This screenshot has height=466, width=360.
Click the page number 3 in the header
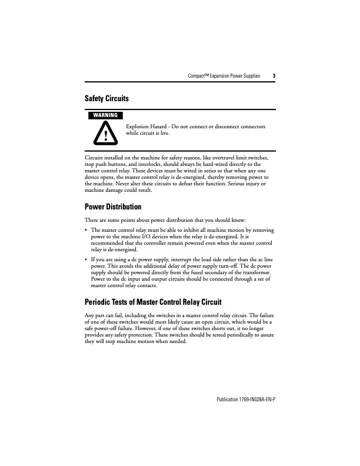274,76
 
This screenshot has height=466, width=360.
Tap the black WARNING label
104,115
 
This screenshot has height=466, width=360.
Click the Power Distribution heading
113,207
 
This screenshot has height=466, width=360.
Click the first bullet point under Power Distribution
87,228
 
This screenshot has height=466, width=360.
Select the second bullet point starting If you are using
87,259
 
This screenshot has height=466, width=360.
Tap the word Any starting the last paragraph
91,316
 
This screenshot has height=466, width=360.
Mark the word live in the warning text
165,133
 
